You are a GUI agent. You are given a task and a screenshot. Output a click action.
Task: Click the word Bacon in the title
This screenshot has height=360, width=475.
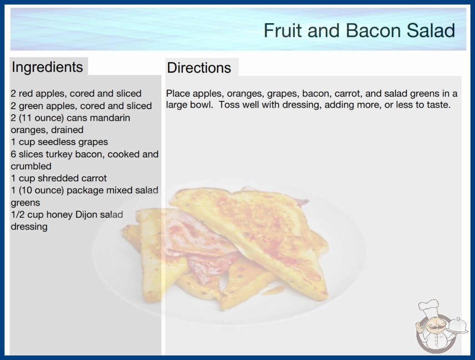[373, 30]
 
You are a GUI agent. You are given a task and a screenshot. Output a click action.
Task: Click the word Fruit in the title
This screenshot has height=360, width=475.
[283, 30]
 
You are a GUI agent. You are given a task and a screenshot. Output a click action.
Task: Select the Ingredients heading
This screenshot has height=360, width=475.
[47, 67]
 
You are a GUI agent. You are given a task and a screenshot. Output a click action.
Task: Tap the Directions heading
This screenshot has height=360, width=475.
[199, 68]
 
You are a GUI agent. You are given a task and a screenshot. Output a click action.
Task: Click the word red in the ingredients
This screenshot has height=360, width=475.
[25, 94]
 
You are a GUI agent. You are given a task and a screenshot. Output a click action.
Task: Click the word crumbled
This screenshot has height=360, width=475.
[31, 166]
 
